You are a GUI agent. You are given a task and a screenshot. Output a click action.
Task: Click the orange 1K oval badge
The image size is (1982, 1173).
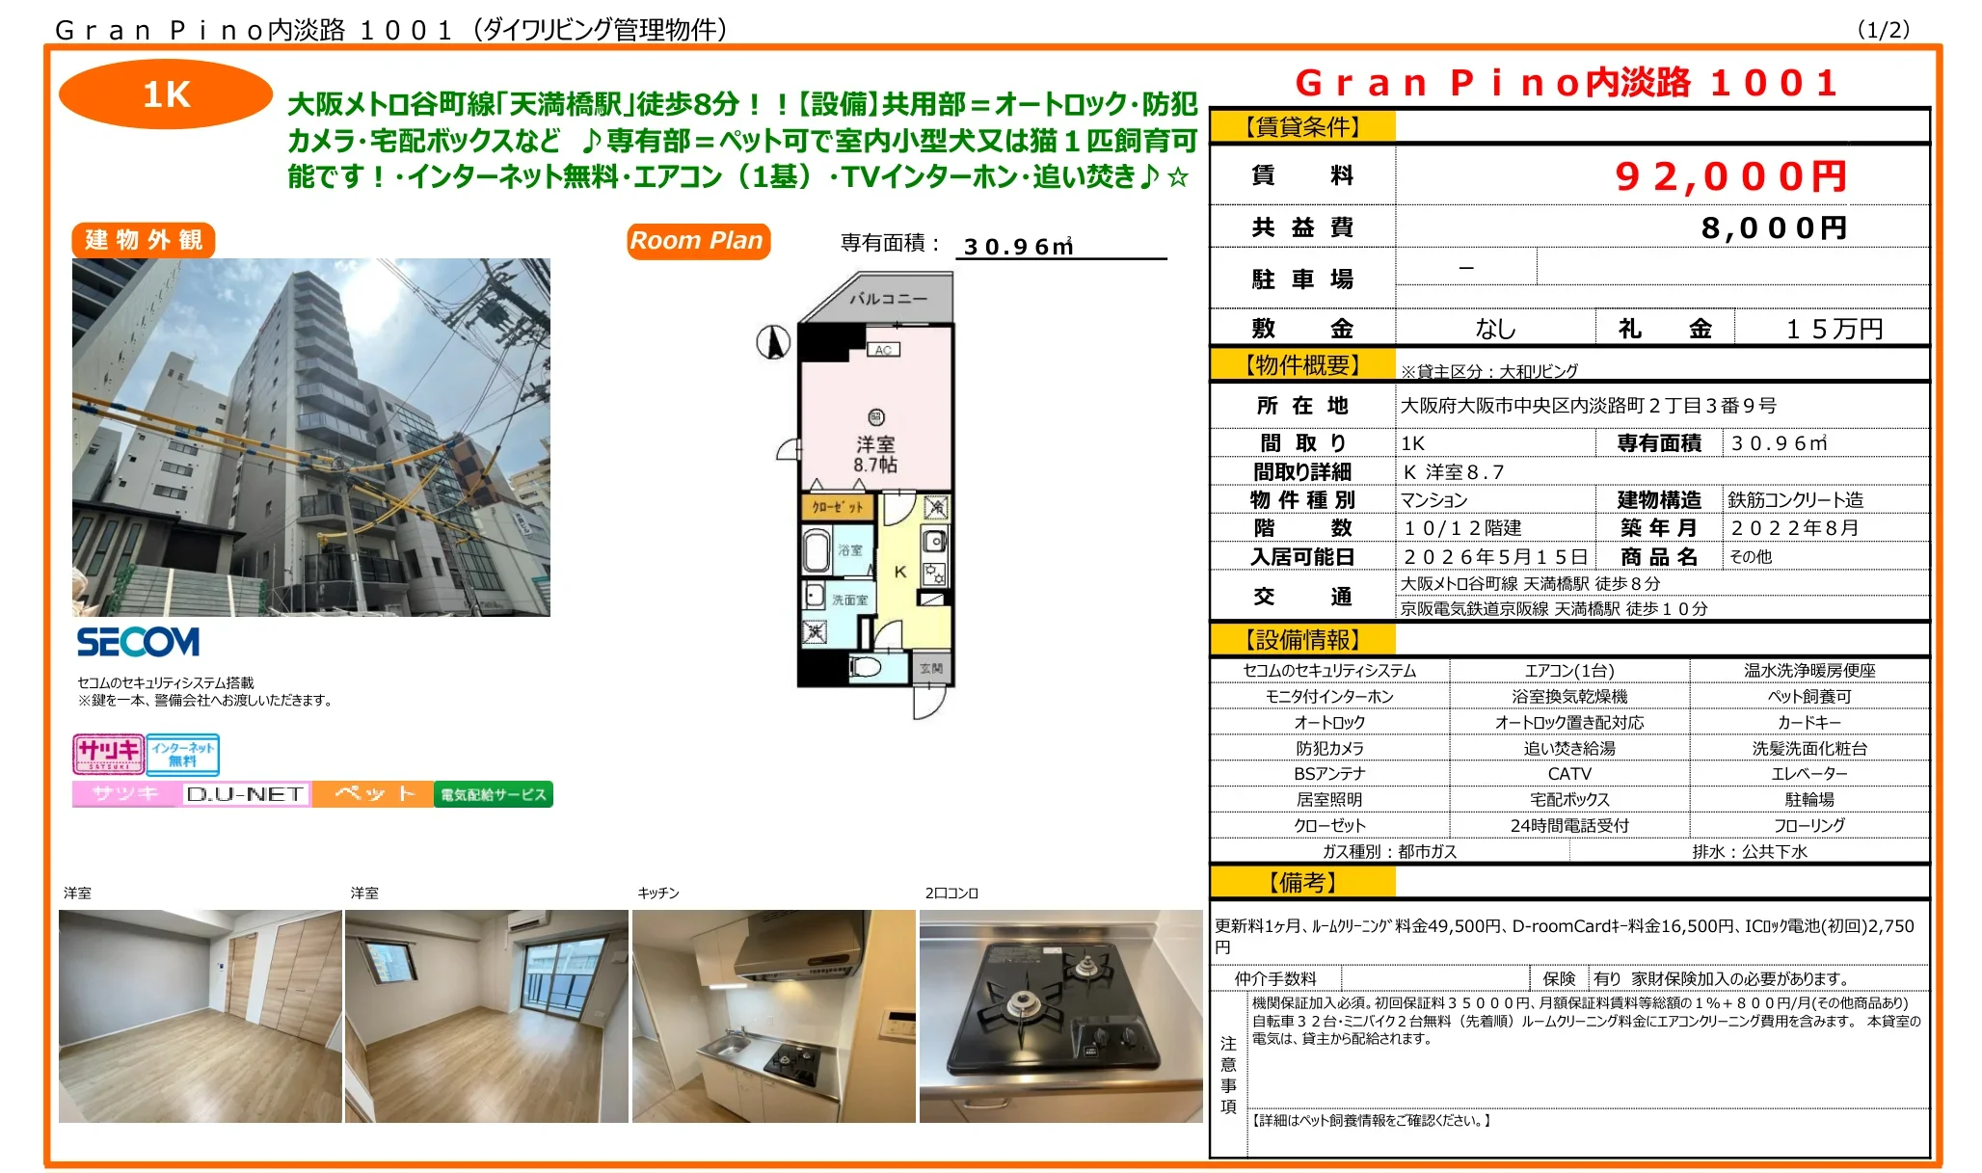(x=165, y=94)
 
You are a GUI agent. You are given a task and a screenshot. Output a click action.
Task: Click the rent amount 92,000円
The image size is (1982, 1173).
(x=1730, y=176)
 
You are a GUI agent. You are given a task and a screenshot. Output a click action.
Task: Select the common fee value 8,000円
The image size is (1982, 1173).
(x=1773, y=228)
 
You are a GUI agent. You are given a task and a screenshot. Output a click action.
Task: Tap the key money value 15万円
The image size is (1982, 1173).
(x=1834, y=329)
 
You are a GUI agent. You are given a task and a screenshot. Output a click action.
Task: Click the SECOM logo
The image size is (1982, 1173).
(x=138, y=642)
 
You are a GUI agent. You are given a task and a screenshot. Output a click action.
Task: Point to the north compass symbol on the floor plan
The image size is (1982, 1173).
(x=773, y=341)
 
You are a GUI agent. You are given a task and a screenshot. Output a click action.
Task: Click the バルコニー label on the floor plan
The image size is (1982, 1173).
(x=887, y=299)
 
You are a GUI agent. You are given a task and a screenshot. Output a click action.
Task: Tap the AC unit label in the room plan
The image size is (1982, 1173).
(x=883, y=350)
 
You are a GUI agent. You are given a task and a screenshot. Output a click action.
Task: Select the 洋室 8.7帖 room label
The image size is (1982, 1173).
(x=875, y=454)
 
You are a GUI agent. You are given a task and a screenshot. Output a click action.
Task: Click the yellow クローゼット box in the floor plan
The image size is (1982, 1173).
(x=837, y=507)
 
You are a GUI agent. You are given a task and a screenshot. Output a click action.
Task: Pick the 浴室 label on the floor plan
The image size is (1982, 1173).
(x=850, y=550)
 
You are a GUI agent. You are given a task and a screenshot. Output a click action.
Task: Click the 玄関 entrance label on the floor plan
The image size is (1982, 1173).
(x=931, y=668)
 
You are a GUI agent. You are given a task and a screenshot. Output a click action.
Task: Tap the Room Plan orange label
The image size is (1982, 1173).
(x=697, y=241)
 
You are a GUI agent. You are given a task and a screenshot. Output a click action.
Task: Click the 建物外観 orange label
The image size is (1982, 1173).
(x=144, y=240)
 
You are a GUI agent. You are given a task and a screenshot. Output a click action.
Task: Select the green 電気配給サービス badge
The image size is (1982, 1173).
(x=493, y=794)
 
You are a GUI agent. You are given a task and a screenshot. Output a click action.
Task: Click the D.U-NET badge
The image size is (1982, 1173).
(x=245, y=794)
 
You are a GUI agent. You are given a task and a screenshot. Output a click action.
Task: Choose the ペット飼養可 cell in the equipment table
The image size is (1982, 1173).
(x=1808, y=696)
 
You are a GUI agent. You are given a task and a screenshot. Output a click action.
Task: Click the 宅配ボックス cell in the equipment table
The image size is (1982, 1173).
(x=1568, y=799)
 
